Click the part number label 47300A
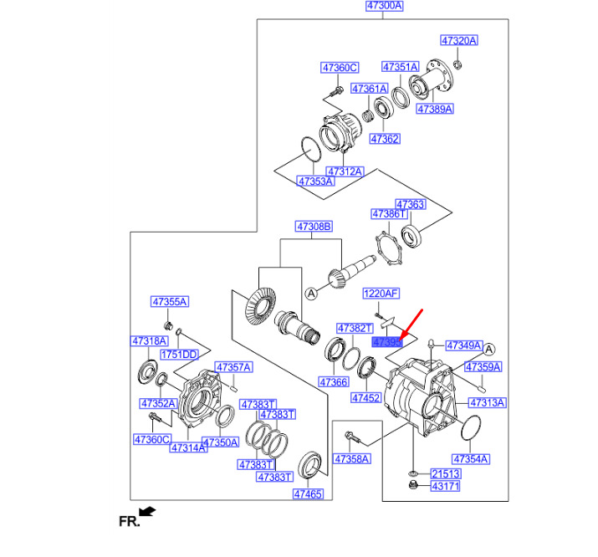[385, 6]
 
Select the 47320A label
[459, 40]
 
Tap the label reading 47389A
[435, 109]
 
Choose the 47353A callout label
[315, 180]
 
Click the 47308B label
[314, 227]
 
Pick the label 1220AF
[381, 294]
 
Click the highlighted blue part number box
[387, 341]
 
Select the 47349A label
[463, 345]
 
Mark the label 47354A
[471, 459]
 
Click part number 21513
[445, 473]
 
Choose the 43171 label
[445, 486]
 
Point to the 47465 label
[307, 494]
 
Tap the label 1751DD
[178, 355]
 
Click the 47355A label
[170, 301]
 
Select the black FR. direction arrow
[148, 510]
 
